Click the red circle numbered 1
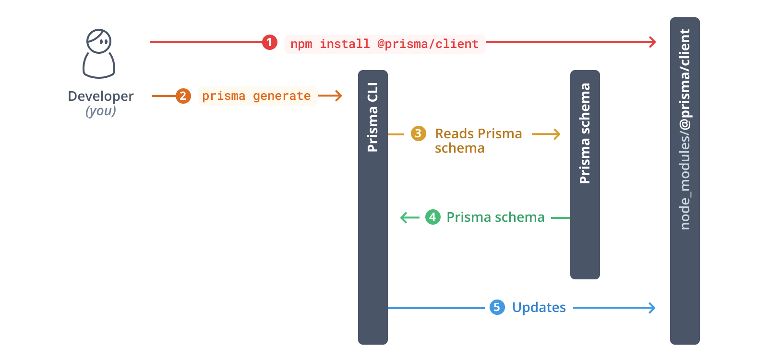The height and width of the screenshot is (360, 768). click(x=269, y=42)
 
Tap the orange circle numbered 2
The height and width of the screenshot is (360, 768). click(x=183, y=96)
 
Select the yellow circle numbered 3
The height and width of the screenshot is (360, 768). click(x=418, y=133)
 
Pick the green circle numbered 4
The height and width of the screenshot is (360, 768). click(x=432, y=217)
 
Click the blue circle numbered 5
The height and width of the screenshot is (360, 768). click(x=497, y=307)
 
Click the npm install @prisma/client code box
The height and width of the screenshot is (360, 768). click(x=384, y=44)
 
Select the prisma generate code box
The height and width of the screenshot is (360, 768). click(x=257, y=96)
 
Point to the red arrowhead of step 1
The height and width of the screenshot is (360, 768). click(x=653, y=42)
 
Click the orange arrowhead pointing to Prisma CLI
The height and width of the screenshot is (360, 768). click(x=339, y=96)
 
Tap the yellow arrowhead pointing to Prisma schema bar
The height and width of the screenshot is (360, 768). click(x=557, y=134)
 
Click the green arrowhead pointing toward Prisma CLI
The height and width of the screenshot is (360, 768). click(x=404, y=218)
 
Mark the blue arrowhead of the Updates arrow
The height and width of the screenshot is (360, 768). click(x=652, y=308)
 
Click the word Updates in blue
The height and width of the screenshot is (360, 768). click(x=539, y=308)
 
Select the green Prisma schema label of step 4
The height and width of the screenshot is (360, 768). click(x=495, y=217)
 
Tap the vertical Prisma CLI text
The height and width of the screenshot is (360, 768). click(x=373, y=118)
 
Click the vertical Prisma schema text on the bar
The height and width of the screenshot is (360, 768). click(x=585, y=133)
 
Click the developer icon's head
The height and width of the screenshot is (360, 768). click(x=99, y=41)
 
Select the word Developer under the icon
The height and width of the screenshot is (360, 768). click(x=101, y=96)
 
